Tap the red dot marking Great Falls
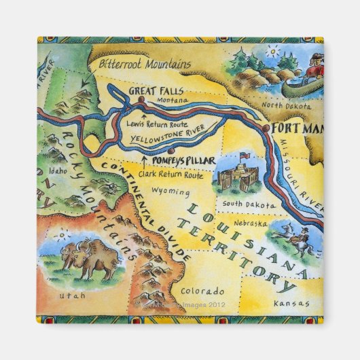click(x=141, y=99)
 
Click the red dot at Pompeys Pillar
click(x=172, y=151)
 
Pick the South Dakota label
click(x=238, y=202)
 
